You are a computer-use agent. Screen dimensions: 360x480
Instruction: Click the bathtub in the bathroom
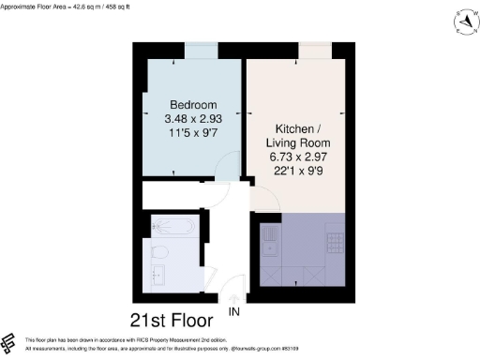point(172,227)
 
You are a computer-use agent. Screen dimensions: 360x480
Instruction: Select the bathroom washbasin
point(157,274)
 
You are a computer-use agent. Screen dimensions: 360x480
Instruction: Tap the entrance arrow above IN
point(233,299)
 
